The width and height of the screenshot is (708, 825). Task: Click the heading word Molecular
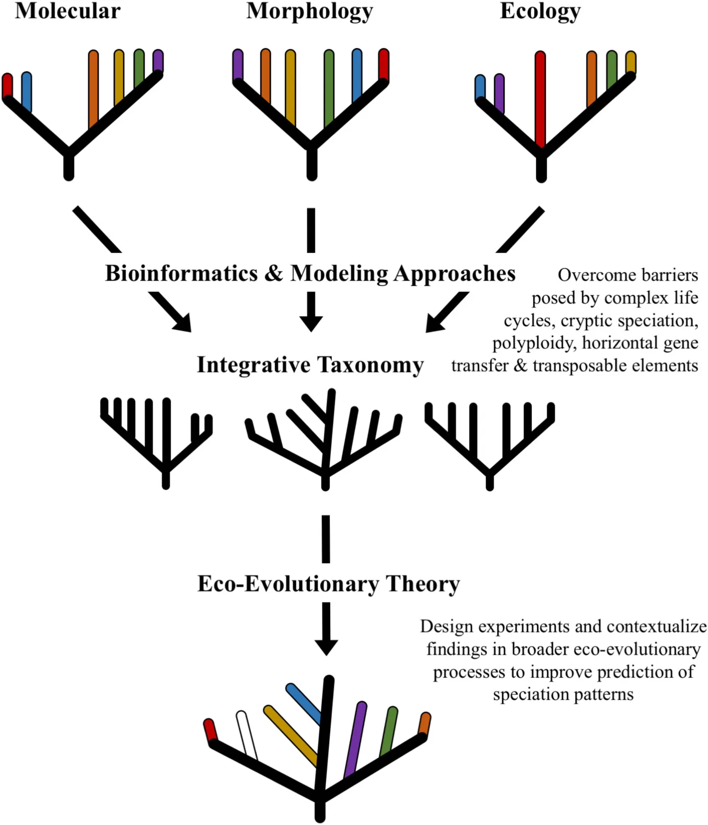(x=68, y=11)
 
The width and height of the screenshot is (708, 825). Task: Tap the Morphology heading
(x=310, y=11)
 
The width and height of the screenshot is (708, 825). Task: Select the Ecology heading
(x=540, y=11)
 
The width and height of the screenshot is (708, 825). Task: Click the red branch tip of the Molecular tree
(x=7, y=85)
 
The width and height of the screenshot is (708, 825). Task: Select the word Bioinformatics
(x=181, y=273)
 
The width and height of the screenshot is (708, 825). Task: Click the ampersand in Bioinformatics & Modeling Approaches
(x=274, y=273)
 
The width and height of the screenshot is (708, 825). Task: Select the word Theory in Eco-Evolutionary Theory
(x=423, y=584)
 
